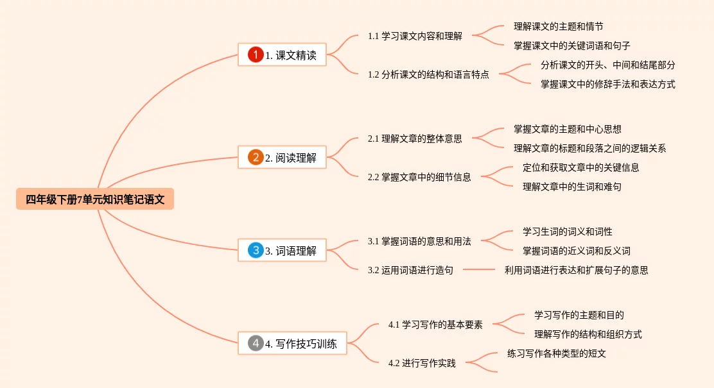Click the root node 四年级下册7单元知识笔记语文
coord(95,199)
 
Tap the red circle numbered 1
coord(256,55)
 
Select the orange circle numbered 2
coord(256,158)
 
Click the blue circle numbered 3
coord(256,251)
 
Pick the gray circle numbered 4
coord(256,344)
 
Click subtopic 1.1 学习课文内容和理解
coord(415,36)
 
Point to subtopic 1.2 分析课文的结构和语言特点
coord(428,74)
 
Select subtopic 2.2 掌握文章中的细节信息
coord(419,177)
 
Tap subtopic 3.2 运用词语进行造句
coord(410,270)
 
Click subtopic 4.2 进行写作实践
coord(422,363)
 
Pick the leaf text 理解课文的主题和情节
coord(558,26)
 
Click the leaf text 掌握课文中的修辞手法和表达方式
coord(607,84)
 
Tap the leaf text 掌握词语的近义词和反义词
coord(576,251)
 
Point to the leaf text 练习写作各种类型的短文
coord(557,353)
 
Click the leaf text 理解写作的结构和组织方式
coord(588,334)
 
